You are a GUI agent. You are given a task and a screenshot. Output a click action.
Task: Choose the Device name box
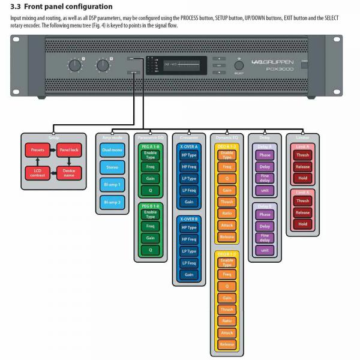pyautogui.click(x=68, y=172)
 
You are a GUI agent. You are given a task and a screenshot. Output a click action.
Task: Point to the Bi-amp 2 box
pyautogui.click(x=112, y=202)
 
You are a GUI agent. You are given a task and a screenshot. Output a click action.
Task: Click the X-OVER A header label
pyautogui.click(x=189, y=146)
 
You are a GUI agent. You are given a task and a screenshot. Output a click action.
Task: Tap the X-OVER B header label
pyautogui.click(x=189, y=219)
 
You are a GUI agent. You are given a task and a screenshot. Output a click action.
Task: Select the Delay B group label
pyautogui.click(x=265, y=206)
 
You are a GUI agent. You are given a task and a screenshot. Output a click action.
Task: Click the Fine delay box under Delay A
pyautogui.click(x=265, y=178)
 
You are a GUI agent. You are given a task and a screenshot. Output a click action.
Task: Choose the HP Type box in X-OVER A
pyautogui.click(x=189, y=155)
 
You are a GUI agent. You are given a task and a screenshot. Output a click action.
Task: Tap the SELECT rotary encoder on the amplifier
pyautogui.click(x=239, y=65)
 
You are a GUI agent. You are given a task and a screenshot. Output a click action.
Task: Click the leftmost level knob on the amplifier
pyautogui.click(x=74, y=65)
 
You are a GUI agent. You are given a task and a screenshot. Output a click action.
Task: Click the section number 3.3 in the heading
pyautogui.click(x=16, y=7)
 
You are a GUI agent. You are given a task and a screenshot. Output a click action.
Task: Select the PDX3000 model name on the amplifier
pyautogui.click(x=280, y=69)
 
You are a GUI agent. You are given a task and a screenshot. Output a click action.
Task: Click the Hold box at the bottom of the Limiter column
pyautogui.click(x=302, y=224)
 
